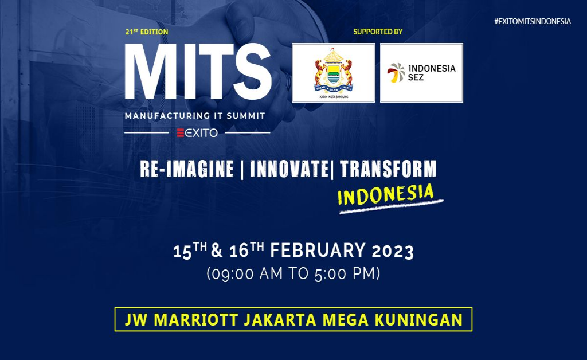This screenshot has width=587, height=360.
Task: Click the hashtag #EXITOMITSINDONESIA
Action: [x=533, y=21]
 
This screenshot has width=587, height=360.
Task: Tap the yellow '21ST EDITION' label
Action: [x=147, y=32]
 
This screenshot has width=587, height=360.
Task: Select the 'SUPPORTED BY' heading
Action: [x=378, y=32]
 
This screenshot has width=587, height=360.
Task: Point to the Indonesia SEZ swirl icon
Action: [x=396, y=73]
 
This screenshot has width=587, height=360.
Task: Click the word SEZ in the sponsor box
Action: [x=417, y=77]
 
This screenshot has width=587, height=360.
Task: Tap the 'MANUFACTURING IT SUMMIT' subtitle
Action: [x=195, y=116]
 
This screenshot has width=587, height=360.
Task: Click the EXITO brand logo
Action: [x=197, y=133]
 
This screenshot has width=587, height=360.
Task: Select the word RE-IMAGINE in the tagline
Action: [x=187, y=169]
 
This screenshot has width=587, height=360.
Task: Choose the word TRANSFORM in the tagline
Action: [x=388, y=169]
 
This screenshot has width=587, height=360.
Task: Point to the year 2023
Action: [x=393, y=251]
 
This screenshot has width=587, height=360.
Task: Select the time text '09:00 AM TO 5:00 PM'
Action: [x=293, y=274]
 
